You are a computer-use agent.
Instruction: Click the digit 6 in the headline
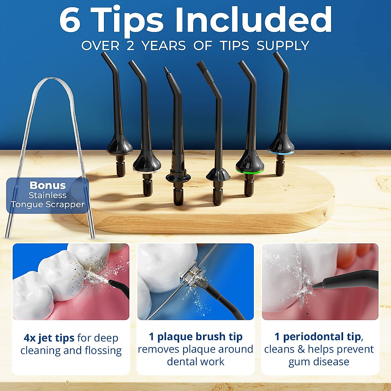tap(70, 20)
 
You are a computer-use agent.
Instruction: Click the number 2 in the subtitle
tap(130, 46)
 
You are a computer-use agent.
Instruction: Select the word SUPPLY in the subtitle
tap(283, 46)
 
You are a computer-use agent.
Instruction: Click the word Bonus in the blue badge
tap(48, 185)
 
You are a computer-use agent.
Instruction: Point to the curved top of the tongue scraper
tap(52, 79)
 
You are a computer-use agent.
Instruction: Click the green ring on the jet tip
tap(250, 171)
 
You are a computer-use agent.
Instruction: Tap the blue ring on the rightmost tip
tap(281, 152)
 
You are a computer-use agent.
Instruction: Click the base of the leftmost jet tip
tap(120, 166)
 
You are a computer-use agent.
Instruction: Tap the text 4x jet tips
tap(49, 338)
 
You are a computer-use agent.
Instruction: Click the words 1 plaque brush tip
tap(195, 336)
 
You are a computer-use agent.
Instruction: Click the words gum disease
tap(319, 362)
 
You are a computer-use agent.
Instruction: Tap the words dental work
tap(195, 362)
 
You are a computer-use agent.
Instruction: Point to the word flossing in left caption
tap(103, 351)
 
